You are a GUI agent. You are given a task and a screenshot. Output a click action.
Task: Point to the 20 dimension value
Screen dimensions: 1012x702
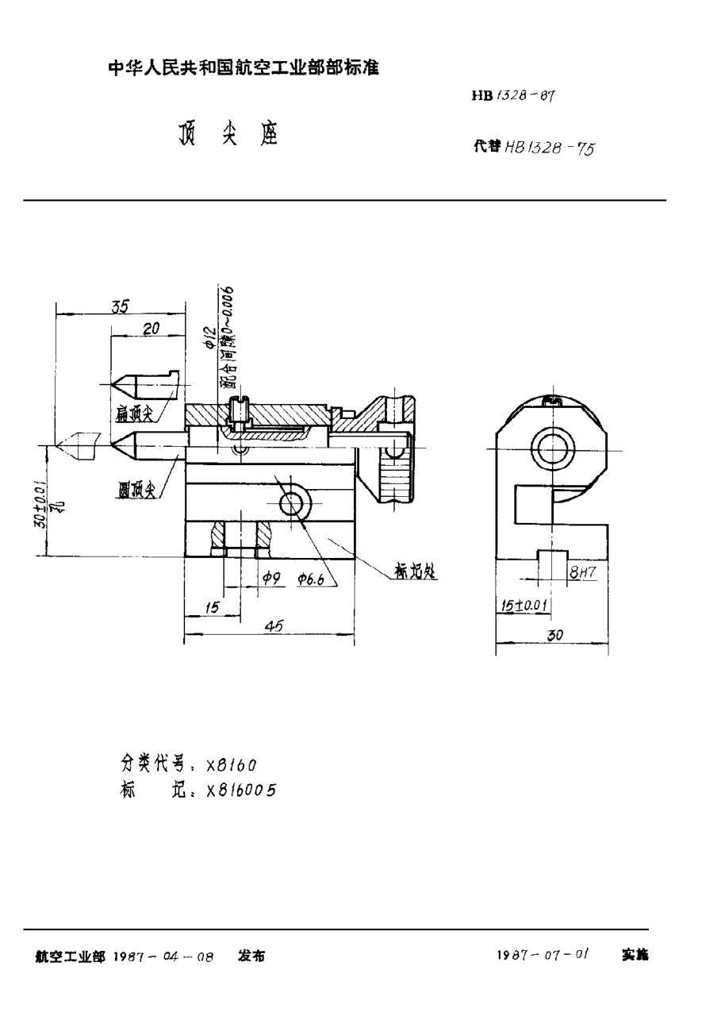click(x=152, y=329)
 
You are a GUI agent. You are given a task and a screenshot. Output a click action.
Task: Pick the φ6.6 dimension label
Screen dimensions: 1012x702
click(x=311, y=582)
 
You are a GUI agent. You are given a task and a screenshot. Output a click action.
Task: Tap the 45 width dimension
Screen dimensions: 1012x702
click(x=274, y=626)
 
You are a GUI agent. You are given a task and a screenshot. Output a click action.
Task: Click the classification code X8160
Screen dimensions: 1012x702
click(x=231, y=764)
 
